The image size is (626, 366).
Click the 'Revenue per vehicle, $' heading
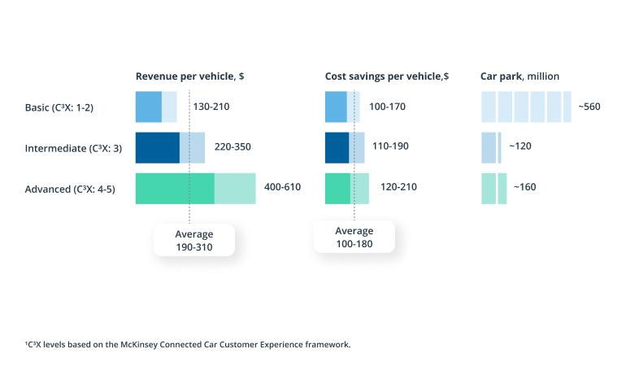pyautogui.click(x=189, y=76)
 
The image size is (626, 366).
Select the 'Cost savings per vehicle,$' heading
pyautogui.click(x=387, y=76)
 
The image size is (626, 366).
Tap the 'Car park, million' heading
pyautogui.click(x=520, y=76)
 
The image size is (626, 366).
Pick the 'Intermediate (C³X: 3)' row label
pyautogui.click(x=74, y=148)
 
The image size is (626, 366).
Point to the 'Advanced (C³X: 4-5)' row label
pyautogui.click(x=71, y=189)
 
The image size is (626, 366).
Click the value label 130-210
pyautogui.click(x=211, y=107)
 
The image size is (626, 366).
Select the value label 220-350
pyautogui.click(x=233, y=147)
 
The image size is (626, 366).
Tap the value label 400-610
pyautogui.click(x=283, y=187)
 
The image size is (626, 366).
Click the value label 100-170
pyautogui.click(x=387, y=107)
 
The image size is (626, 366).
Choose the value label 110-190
pyautogui.click(x=390, y=147)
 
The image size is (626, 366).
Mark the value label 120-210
pyautogui.click(x=398, y=187)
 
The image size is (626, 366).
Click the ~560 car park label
pyautogui.click(x=589, y=107)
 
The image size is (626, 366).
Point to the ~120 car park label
pyautogui.click(x=520, y=147)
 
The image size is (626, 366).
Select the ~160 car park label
pyautogui.click(x=524, y=187)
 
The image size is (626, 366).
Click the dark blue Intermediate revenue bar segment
pyautogui.click(x=157, y=147)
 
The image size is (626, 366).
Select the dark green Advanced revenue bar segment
pyautogui.click(x=175, y=188)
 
